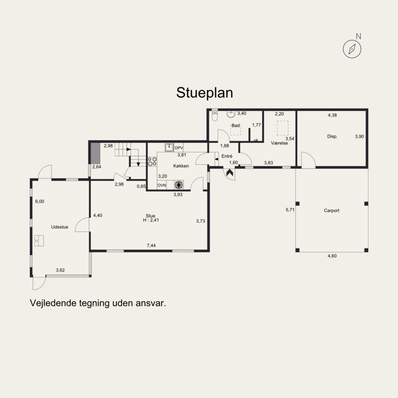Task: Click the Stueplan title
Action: tap(204, 93)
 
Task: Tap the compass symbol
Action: tap(352, 49)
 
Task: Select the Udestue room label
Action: tap(60, 227)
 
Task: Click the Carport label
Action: tap(331, 210)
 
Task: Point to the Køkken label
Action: tap(181, 166)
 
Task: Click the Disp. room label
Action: tap(332, 136)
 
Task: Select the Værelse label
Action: tap(279, 143)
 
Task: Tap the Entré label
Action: tap(227, 156)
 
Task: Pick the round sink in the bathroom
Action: tap(231, 114)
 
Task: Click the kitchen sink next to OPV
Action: tap(169, 147)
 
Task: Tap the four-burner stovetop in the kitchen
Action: tap(152, 162)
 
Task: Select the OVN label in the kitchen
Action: tap(162, 185)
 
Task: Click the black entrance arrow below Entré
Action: tap(230, 173)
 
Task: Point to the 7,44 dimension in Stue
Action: tap(151, 245)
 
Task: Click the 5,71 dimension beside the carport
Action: tap(290, 210)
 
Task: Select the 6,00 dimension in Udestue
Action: tap(40, 201)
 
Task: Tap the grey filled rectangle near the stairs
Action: tap(95, 153)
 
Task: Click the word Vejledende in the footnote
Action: tap(53, 303)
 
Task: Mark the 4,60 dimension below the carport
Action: tap(332, 256)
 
